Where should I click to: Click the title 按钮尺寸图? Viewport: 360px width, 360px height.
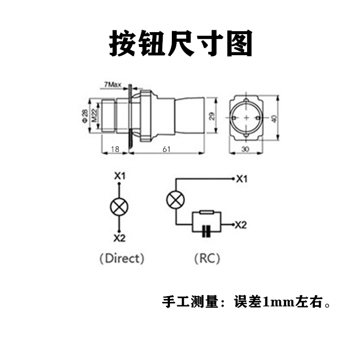(x=180, y=44)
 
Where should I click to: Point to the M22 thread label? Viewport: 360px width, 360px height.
(x=95, y=116)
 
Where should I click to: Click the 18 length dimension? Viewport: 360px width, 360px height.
(x=115, y=149)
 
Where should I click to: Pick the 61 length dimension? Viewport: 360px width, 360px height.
(x=166, y=149)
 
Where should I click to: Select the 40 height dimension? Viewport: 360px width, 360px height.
(x=275, y=118)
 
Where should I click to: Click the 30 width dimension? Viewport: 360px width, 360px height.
(x=245, y=149)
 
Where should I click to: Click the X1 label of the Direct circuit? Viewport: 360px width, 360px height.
(x=120, y=176)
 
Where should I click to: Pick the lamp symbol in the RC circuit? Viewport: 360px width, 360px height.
(x=174, y=199)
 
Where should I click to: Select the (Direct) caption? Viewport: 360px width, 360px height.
(x=121, y=258)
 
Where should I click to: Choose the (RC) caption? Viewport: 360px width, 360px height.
(x=207, y=258)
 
